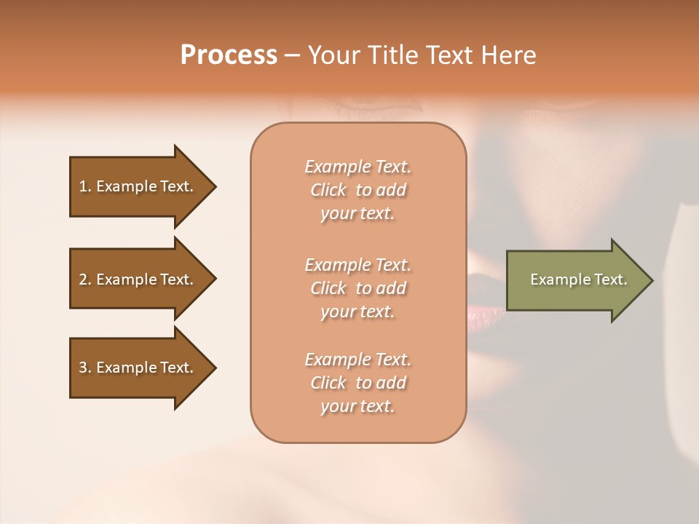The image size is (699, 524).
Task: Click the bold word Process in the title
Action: click(229, 55)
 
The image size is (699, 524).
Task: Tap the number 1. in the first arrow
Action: click(85, 186)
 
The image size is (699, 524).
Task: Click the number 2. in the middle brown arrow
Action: click(85, 279)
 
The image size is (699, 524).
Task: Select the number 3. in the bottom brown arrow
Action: click(85, 368)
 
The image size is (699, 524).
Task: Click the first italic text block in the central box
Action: click(358, 190)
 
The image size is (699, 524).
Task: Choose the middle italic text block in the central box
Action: click(358, 288)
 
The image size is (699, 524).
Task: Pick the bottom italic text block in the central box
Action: click(358, 383)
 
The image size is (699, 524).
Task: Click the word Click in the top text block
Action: click(328, 190)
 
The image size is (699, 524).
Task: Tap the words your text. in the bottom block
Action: click(358, 406)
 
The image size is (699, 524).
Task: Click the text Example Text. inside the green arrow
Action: click(579, 279)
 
